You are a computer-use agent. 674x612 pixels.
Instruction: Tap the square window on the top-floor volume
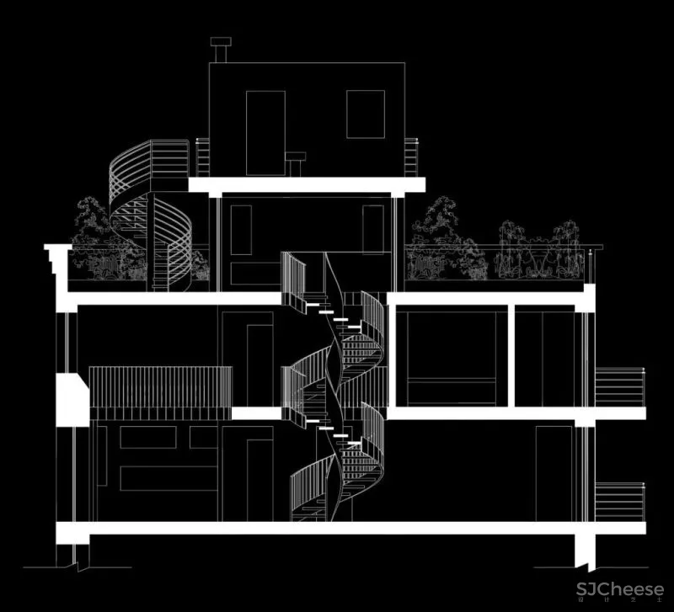[x=366, y=114]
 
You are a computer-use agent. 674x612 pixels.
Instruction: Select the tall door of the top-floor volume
[x=265, y=132]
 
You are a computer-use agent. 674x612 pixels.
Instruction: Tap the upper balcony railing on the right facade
[x=619, y=387]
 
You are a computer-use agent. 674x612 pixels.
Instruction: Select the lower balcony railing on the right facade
[x=619, y=502]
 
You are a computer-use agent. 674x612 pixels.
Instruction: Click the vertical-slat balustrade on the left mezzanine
[x=160, y=391]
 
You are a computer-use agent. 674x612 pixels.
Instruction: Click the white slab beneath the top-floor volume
[x=306, y=185]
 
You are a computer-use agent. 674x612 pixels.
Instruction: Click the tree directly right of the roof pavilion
[x=438, y=240]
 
